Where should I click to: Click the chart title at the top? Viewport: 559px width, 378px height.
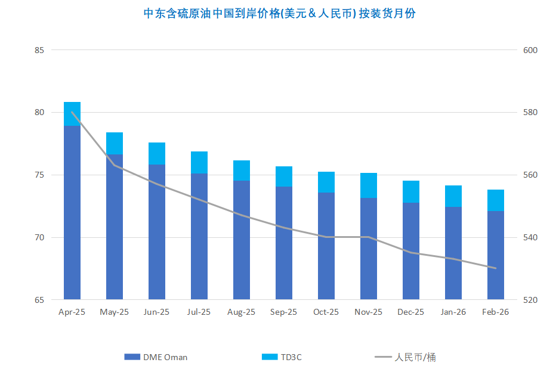click(279, 13)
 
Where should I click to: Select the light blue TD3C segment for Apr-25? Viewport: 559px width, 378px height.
click(72, 114)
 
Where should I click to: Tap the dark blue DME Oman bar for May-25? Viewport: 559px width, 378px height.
click(115, 227)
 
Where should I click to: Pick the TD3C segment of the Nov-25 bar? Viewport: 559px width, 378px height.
click(369, 185)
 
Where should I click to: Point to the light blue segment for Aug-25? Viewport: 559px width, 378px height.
click(242, 171)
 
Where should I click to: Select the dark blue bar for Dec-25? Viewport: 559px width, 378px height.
click(411, 250)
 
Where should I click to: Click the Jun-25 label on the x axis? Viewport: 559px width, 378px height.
click(156, 312)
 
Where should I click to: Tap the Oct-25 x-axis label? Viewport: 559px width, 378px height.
click(326, 312)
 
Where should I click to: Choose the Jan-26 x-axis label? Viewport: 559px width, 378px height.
click(453, 312)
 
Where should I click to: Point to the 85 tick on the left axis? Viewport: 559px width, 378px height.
click(40, 50)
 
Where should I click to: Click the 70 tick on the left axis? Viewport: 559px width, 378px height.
click(40, 238)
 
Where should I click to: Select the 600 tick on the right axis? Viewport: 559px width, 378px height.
click(530, 50)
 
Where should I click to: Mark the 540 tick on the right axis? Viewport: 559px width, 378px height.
click(530, 238)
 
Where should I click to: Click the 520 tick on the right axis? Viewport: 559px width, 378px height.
click(530, 300)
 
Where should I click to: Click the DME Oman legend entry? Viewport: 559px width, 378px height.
click(156, 357)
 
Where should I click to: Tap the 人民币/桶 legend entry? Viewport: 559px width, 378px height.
click(409, 357)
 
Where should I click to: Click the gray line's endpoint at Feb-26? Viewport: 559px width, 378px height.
click(496, 268)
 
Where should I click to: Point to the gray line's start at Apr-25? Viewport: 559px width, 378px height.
click(72, 112)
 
